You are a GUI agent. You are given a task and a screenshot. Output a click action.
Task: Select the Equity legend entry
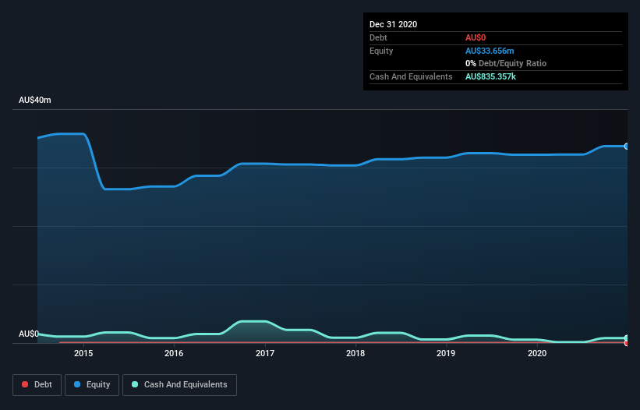click(92, 384)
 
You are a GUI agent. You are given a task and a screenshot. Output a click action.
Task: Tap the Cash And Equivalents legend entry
click(179, 384)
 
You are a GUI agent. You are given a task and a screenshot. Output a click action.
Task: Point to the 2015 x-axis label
click(83, 353)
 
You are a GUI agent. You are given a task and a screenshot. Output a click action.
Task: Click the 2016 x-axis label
click(174, 353)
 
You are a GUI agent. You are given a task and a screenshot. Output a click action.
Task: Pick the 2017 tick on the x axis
click(265, 353)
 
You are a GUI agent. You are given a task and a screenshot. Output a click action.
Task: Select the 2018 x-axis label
click(355, 353)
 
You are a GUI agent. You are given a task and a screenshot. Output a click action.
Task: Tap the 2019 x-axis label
click(446, 353)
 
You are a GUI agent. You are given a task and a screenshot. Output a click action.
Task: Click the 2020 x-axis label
click(537, 353)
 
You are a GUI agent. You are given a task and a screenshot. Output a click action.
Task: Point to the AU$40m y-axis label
click(35, 101)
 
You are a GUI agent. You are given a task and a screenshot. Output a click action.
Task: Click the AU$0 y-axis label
click(29, 334)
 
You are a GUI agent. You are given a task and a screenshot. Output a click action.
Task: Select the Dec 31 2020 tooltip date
click(393, 24)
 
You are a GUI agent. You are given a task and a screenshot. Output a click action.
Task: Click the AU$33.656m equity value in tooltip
click(490, 51)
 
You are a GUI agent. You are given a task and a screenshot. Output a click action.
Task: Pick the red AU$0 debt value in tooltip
click(476, 37)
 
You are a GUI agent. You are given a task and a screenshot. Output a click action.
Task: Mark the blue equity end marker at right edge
click(627, 146)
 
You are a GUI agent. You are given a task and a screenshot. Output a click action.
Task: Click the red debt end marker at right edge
click(627, 342)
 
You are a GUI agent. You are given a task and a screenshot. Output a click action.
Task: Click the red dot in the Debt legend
click(25, 384)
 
